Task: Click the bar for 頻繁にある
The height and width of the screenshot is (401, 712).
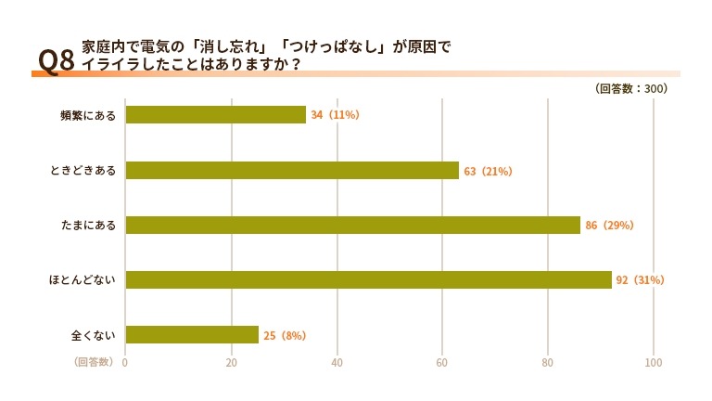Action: point(215,115)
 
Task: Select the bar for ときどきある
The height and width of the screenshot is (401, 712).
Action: point(292,171)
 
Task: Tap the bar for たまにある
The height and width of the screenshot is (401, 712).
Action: point(352,226)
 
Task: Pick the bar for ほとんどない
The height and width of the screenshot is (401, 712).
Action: point(368,280)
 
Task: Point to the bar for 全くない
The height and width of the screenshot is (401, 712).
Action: point(192,335)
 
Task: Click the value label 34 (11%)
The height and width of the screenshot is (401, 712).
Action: point(335,115)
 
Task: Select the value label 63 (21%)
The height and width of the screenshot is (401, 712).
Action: point(488,172)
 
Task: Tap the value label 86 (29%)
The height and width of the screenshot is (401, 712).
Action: point(609,226)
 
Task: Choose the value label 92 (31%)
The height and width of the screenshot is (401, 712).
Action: point(641,280)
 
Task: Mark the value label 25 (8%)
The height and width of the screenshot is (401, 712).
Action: point(285,335)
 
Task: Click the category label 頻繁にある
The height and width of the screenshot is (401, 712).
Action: point(88,116)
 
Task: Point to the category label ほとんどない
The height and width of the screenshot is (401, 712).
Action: point(83,280)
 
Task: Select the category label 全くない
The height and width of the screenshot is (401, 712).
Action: point(93,335)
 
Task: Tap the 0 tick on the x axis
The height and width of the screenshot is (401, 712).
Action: point(125,363)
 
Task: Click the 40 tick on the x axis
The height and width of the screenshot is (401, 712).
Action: point(337,363)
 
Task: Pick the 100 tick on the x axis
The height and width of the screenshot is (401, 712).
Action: point(655,363)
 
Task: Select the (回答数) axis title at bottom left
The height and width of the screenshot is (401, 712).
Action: point(94,362)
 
